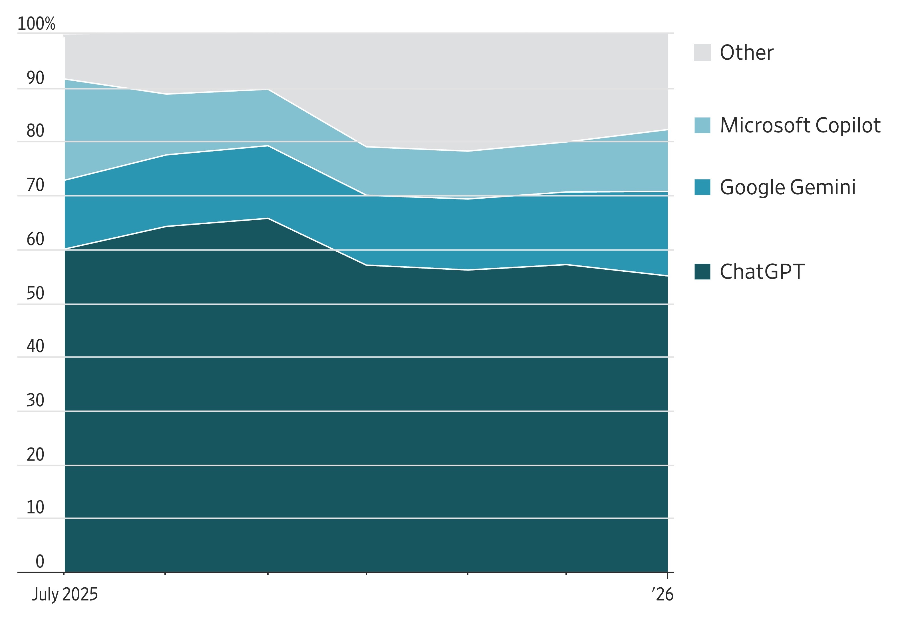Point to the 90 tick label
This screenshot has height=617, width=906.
point(35,78)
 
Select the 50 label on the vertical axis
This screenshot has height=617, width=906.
point(35,293)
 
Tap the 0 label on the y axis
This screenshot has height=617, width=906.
point(40,561)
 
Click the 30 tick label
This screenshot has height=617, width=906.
point(35,400)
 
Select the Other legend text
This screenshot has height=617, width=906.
point(746,52)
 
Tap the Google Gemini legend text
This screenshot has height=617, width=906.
point(788,187)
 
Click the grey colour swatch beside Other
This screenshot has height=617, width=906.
point(702,52)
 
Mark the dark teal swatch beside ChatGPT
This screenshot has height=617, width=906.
point(702,272)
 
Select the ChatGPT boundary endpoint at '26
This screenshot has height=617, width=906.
point(667,276)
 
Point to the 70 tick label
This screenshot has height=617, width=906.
point(35,185)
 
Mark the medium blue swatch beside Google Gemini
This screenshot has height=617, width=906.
point(702,187)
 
